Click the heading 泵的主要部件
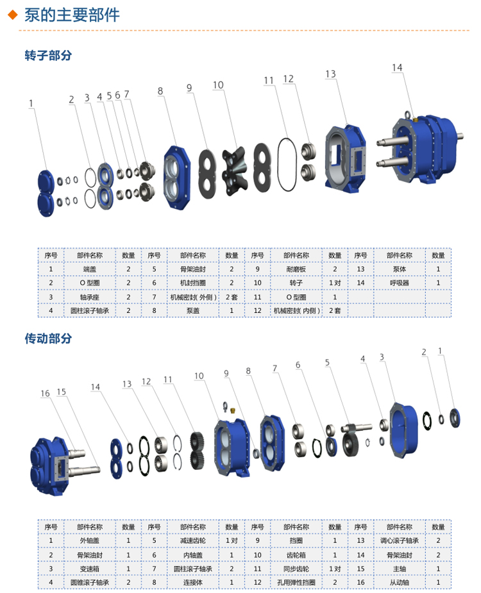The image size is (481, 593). click(x=72, y=15)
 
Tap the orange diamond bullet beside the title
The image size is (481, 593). click(x=13, y=15)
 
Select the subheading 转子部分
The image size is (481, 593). click(x=48, y=55)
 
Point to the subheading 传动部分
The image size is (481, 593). click(x=48, y=338)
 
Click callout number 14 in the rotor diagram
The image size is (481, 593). click(x=397, y=67)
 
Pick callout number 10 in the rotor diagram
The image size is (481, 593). click(x=218, y=85)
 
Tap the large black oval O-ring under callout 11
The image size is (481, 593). click(x=287, y=165)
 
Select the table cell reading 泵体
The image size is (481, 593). click(x=400, y=269)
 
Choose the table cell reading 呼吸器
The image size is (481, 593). click(x=400, y=283)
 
